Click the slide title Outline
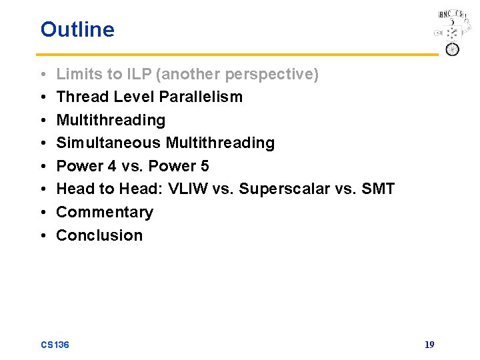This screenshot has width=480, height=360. point(77,29)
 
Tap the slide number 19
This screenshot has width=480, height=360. point(429,345)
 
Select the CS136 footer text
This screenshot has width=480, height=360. point(55,345)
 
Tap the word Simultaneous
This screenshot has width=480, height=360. point(109,143)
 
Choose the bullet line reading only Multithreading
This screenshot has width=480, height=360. point(111,120)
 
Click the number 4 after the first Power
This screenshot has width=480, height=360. point(112,166)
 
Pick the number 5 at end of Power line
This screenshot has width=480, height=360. point(204,166)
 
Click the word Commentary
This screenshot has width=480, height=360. point(105,212)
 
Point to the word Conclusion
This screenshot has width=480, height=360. point(99,235)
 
